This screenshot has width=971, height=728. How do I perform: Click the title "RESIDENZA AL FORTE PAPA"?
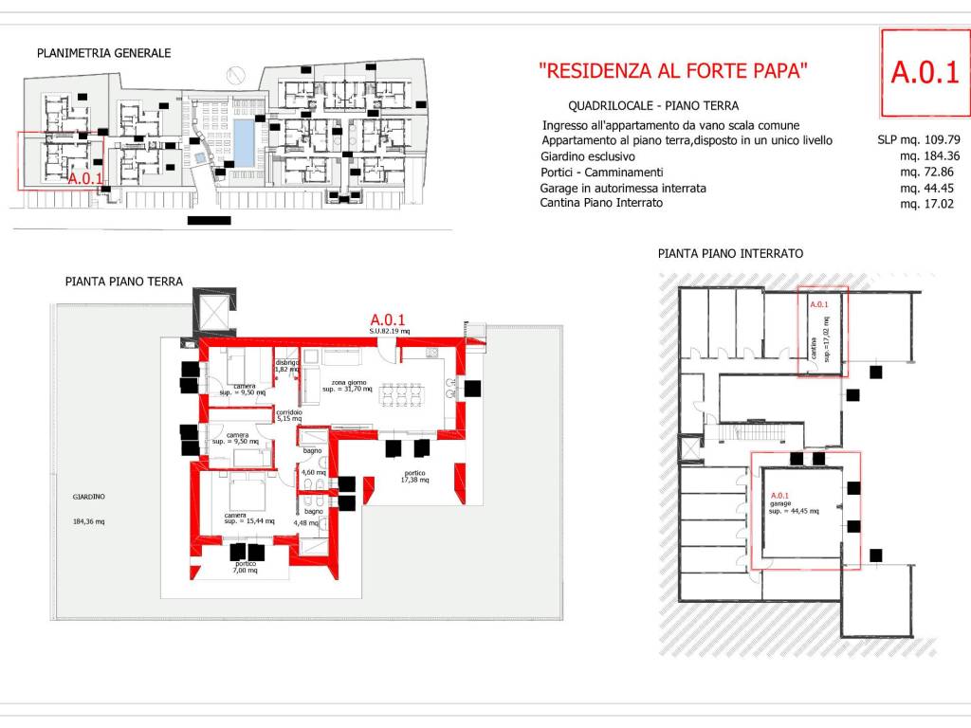[673, 70]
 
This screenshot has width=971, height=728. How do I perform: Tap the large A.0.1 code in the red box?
[925, 73]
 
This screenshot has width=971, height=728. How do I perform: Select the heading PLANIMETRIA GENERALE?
[103, 53]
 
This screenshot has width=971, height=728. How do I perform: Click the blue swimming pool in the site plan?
[245, 143]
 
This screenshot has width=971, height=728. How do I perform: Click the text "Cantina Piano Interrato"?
[602, 203]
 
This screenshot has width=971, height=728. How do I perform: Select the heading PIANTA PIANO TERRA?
[124, 282]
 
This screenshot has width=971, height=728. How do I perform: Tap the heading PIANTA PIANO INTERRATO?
[730, 254]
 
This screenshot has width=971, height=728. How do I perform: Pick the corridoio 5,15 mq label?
[288, 418]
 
